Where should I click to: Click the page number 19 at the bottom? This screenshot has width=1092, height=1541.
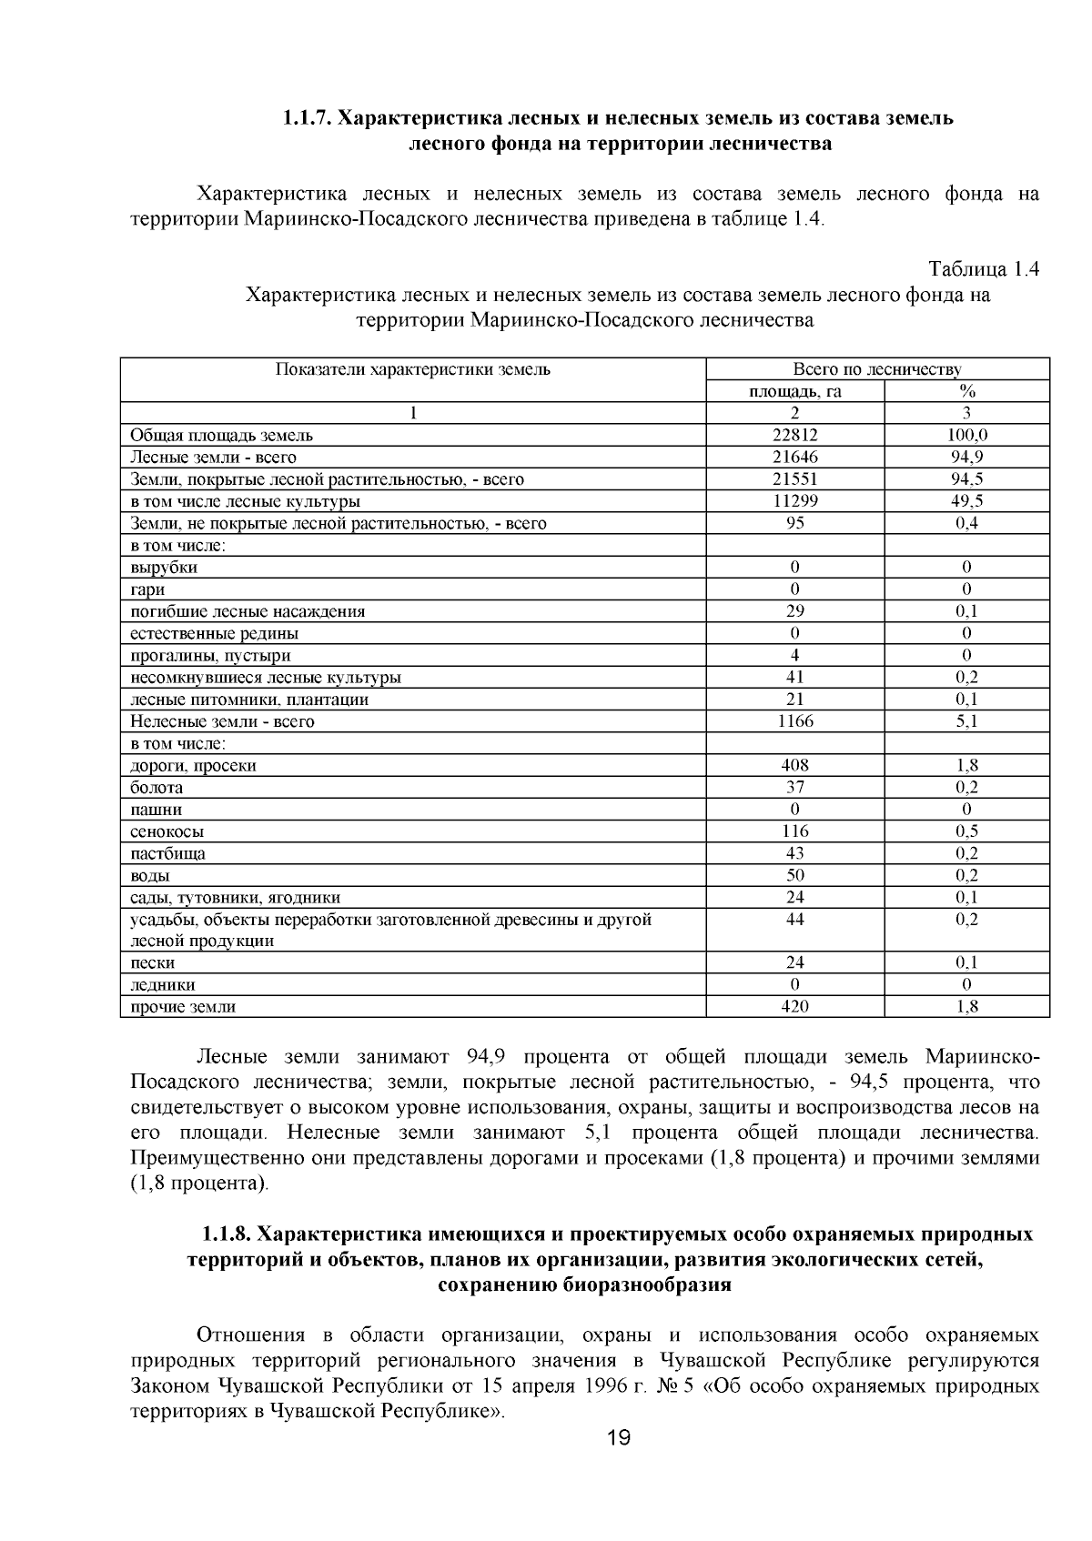point(619,1438)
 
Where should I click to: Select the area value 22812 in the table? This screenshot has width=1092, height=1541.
point(795,435)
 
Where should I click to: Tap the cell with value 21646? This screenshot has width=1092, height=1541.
point(795,457)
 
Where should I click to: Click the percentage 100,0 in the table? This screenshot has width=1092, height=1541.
point(967,435)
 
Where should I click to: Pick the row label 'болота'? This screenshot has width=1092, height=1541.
point(157,788)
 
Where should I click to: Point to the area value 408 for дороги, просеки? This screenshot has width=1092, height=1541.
point(795,765)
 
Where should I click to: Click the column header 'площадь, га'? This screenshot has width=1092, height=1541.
point(795,391)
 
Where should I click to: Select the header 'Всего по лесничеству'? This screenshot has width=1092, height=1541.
point(877,369)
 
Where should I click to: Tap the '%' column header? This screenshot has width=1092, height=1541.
point(967,391)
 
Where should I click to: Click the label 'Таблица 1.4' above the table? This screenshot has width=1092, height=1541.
point(983,269)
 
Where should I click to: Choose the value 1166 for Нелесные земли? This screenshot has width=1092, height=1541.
point(795,721)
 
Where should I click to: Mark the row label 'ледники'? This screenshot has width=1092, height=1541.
point(162,985)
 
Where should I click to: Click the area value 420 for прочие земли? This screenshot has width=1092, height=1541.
point(795,1006)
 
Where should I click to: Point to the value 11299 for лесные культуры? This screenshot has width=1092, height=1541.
point(795,501)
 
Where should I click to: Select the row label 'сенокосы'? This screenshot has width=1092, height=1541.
point(167,831)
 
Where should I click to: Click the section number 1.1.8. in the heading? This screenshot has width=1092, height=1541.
point(227,1234)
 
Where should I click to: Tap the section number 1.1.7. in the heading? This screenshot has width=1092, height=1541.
point(308,118)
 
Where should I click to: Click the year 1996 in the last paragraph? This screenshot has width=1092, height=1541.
point(638,1386)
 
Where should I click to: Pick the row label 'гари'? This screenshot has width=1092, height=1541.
point(147,589)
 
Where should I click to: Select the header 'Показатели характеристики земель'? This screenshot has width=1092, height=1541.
point(413,369)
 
